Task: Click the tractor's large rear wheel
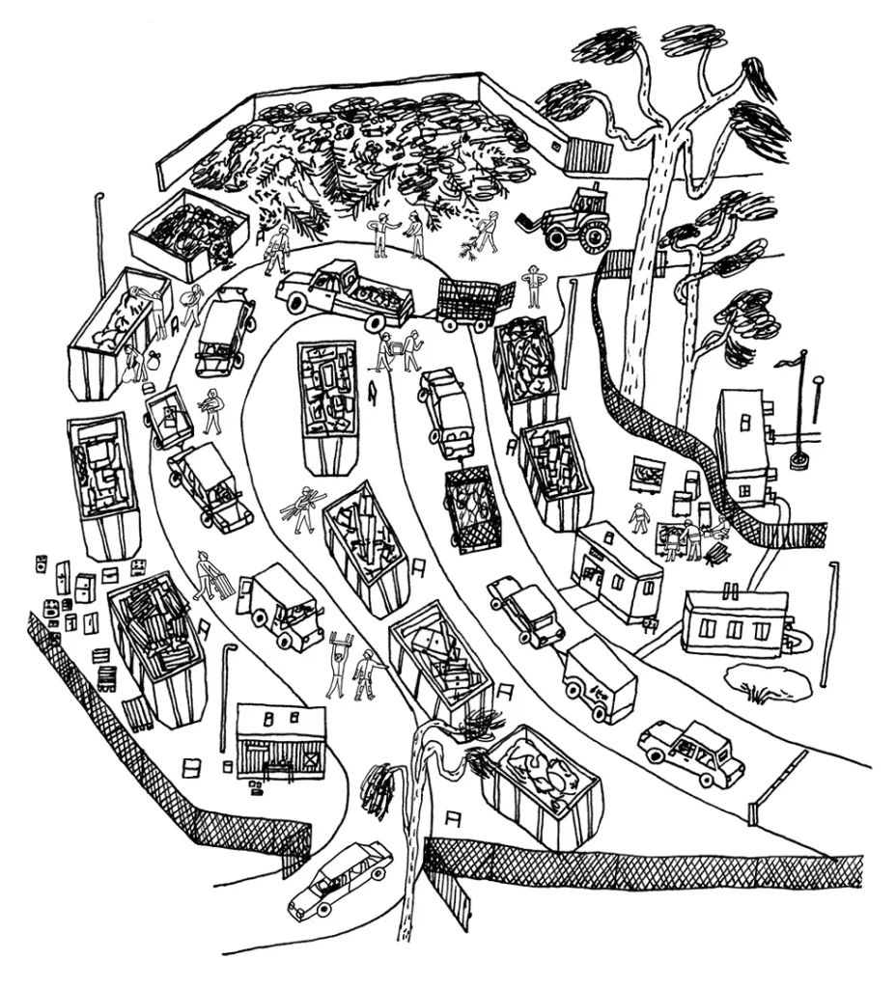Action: pyautogui.click(x=593, y=235)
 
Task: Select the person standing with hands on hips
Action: pyautogui.click(x=533, y=285)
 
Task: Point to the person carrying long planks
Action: pyautogui.click(x=304, y=508)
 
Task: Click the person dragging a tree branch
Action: pyautogui.click(x=487, y=232)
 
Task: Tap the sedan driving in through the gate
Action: pyautogui.click(x=340, y=878)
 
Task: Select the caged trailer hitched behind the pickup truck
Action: pyautogui.click(x=473, y=304)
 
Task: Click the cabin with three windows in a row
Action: pyautogui.click(x=734, y=621)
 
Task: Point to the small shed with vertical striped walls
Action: pyautogui.click(x=280, y=742)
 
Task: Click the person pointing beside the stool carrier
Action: pyautogui.click(x=367, y=672)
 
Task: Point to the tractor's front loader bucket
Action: pyautogui.click(x=532, y=224)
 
